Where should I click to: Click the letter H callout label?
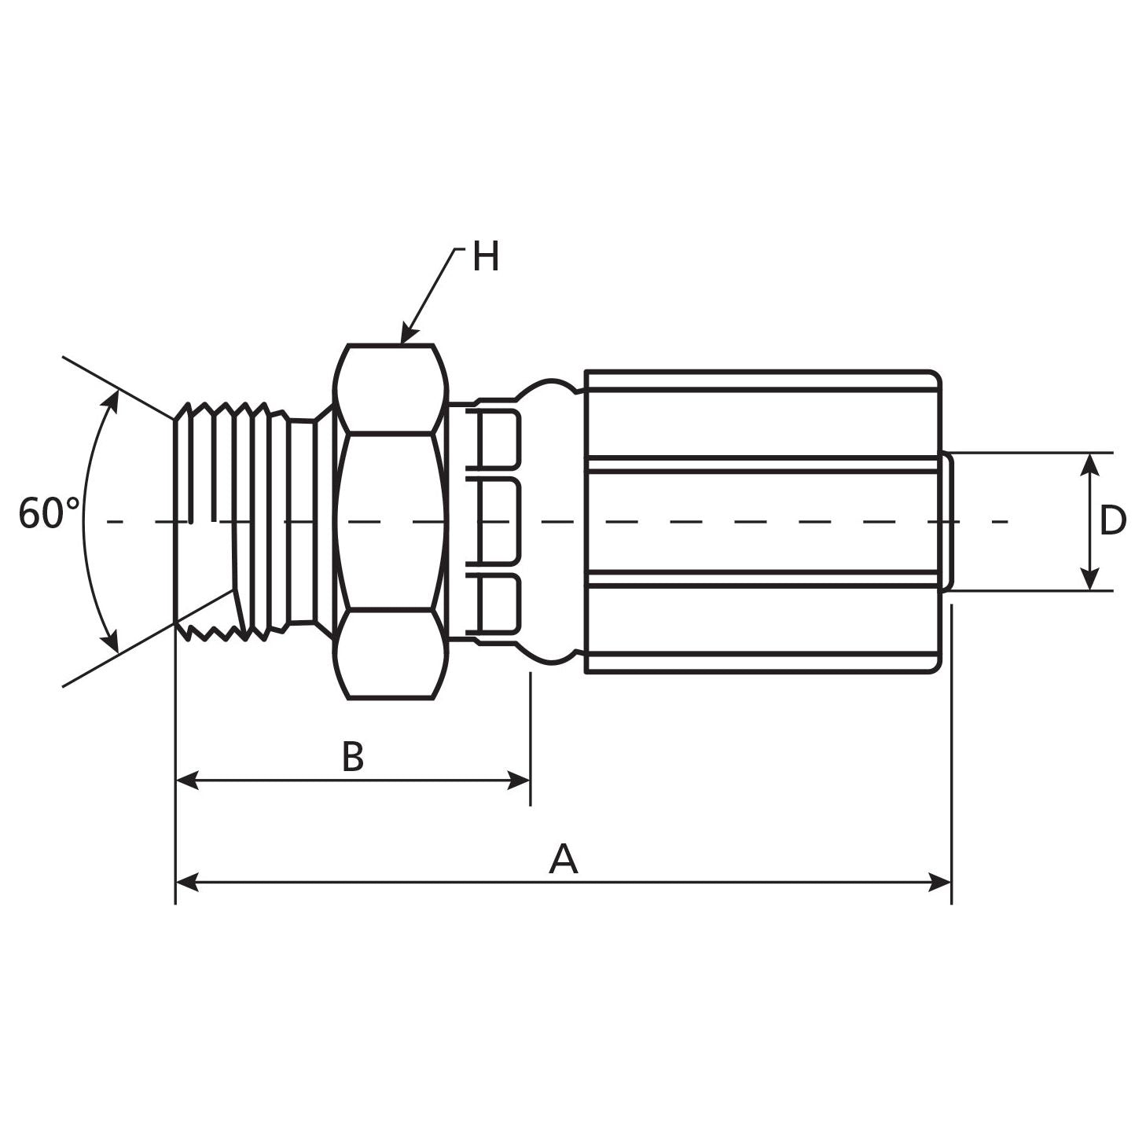coord(485,257)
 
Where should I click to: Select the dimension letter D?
coord(1112,520)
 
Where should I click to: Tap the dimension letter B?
coord(353,757)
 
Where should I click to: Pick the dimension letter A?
coord(563,859)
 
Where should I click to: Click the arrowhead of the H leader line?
coord(406,336)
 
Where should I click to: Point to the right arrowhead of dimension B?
coord(520,781)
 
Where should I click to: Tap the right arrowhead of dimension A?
coord(941,882)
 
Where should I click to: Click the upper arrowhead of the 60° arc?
coord(112,400)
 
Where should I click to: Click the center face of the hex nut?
coord(389,520)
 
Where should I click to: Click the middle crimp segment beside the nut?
coord(497,520)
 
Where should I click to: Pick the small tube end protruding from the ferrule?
coord(948,520)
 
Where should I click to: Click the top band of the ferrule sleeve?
coord(762,380)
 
